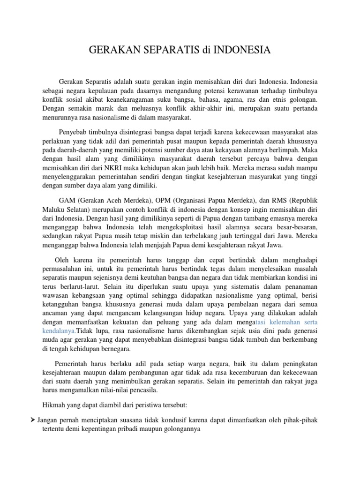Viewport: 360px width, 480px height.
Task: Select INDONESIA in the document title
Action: click(242, 50)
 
